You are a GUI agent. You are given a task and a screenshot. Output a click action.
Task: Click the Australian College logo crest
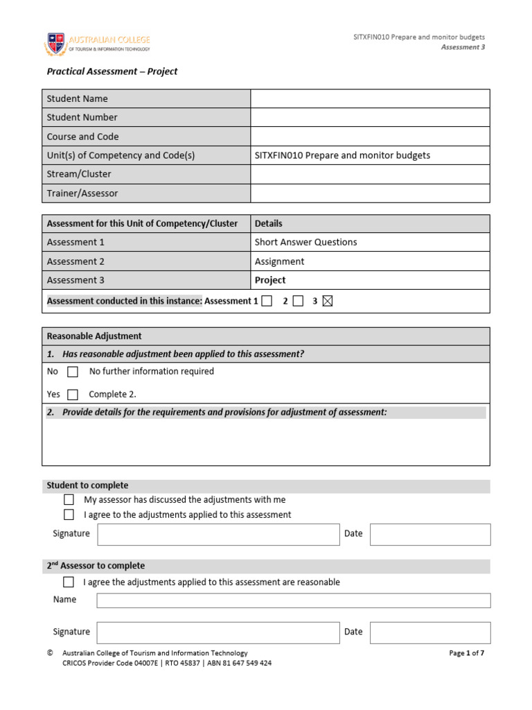tap(56, 43)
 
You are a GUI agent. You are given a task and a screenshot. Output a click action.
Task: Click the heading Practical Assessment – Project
tap(112, 71)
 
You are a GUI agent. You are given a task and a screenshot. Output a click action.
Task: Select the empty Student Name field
tap(369, 98)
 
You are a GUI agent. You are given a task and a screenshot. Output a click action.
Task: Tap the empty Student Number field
tap(369, 117)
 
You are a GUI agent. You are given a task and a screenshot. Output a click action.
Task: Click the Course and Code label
tap(82, 137)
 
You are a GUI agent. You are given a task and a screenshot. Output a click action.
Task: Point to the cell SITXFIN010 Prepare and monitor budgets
tap(342, 155)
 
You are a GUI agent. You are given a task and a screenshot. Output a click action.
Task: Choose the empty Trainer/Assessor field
tap(369, 193)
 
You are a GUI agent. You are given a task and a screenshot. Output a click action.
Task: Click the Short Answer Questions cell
tap(305, 242)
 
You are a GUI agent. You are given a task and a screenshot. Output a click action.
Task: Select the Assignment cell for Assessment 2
tap(279, 261)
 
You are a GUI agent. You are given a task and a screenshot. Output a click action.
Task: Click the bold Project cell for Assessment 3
tap(270, 280)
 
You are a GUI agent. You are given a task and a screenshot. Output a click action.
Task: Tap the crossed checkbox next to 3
tap(328, 301)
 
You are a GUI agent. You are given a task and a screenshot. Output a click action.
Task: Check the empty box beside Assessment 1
tap(267, 301)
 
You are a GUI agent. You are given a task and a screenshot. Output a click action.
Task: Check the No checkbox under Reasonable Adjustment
tap(73, 372)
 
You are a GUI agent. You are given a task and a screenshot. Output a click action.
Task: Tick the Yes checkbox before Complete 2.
tap(73, 395)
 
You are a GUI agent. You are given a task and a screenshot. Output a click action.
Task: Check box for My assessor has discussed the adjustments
tap(69, 499)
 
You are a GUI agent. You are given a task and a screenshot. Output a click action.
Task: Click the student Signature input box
tap(218, 534)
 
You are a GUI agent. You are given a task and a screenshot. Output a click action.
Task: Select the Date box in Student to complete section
tap(429, 534)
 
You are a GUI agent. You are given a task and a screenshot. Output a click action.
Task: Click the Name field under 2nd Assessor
tap(293, 600)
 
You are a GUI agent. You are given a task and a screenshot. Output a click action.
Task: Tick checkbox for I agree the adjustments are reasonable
tap(69, 582)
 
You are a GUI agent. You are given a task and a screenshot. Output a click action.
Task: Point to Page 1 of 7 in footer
tap(466, 653)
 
